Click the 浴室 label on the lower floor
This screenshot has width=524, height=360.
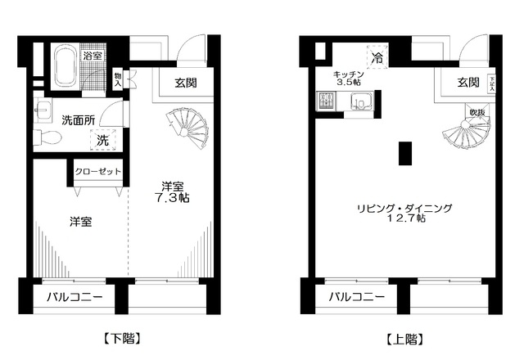[x=93, y=56]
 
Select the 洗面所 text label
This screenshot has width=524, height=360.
[x=79, y=119]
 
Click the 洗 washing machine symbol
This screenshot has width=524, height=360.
[x=104, y=139]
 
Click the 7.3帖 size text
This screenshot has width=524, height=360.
[x=173, y=198]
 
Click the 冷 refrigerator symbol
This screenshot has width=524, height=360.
[x=377, y=58]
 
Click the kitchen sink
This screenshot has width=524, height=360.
[x=361, y=102]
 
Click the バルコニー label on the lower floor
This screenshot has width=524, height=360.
[x=74, y=297]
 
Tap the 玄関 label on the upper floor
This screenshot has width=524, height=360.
[x=468, y=82]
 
